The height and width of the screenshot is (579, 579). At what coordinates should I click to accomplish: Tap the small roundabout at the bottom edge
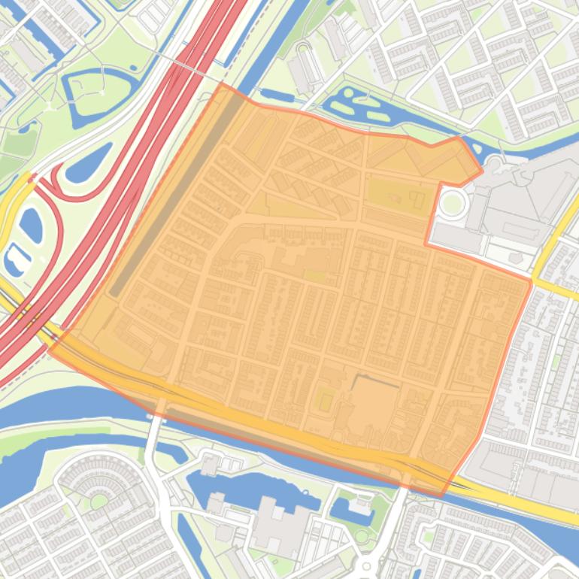pos(366,565)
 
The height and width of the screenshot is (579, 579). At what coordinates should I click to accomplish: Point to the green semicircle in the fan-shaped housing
pos(99,500)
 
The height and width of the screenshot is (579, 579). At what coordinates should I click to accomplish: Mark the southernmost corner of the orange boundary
pos(441,496)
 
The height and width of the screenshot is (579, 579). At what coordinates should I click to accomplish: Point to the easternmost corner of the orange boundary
pos(532,283)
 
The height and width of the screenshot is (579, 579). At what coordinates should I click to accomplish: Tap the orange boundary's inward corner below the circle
pos(426,244)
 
